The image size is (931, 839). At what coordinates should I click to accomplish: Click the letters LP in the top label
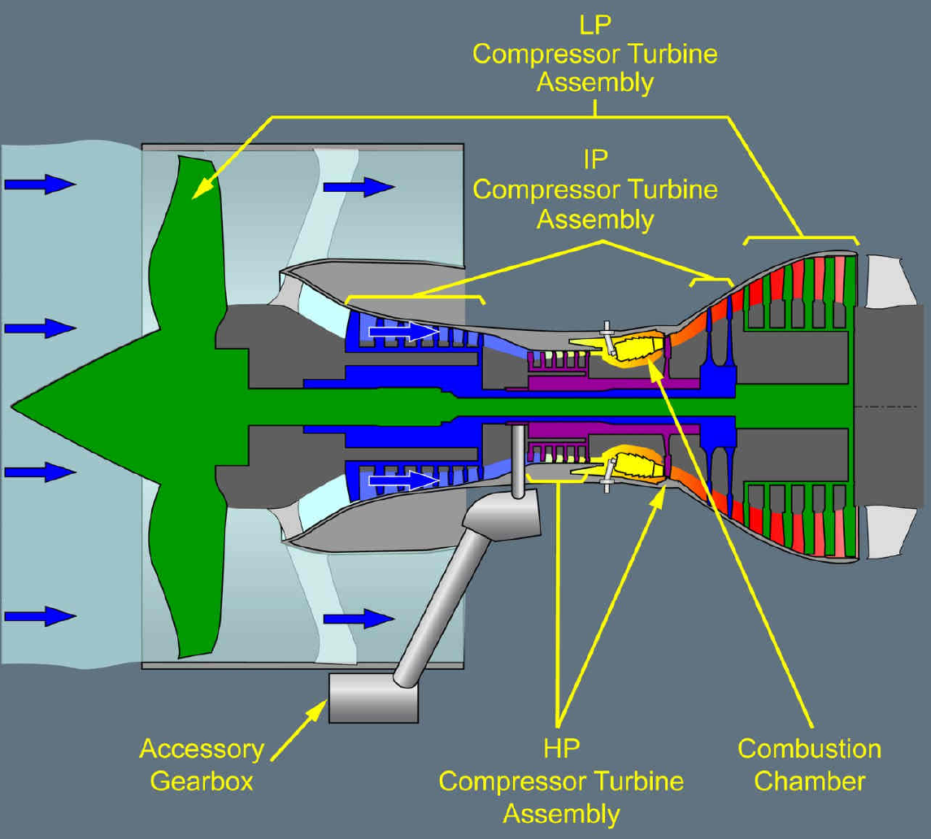point(595,26)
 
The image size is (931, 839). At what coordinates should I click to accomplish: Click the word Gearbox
point(202,780)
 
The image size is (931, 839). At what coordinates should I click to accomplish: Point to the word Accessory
point(202,749)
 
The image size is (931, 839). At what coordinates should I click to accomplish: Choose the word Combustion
point(809,749)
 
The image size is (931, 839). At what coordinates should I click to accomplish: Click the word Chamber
point(809,780)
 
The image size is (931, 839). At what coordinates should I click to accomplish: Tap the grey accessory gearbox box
point(372,698)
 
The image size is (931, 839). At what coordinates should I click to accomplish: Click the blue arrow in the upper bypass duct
point(359,188)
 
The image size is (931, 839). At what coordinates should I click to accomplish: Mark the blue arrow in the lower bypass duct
point(359,619)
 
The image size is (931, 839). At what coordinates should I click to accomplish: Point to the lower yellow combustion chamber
point(634,464)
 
